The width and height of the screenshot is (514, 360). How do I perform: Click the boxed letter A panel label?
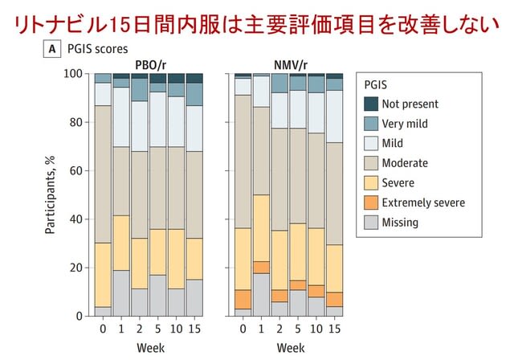[51, 49]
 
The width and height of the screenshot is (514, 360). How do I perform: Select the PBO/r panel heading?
[150, 65]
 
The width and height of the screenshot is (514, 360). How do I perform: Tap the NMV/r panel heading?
[291, 65]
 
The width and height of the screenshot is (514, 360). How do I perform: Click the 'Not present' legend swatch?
[371, 104]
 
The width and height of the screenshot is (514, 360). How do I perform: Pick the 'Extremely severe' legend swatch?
[371, 202]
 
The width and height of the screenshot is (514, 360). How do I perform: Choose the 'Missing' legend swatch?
[371, 223]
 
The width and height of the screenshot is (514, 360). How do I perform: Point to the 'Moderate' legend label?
[405, 163]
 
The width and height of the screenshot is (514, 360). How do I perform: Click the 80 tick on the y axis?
[75, 122]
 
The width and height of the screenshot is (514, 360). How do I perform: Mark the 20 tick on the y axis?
[75, 268]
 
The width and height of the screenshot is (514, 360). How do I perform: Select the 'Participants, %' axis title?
[50, 194]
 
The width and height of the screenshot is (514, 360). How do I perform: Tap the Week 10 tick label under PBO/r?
[177, 329]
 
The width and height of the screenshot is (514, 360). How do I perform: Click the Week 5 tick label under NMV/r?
[298, 329]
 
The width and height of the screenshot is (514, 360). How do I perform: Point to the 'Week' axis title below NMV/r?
[291, 348]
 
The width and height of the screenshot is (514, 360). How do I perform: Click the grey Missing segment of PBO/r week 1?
[121, 293]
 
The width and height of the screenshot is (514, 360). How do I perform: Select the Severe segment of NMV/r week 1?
[261, 228]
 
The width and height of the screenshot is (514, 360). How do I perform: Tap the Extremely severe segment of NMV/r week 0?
[243, 300]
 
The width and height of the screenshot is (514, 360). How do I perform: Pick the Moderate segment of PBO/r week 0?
[103, 174]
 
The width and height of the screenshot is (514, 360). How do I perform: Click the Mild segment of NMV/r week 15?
[334, 117]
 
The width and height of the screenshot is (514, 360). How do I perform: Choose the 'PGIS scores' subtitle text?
[98, 49]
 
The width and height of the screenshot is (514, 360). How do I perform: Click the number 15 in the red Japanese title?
[118, 25]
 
